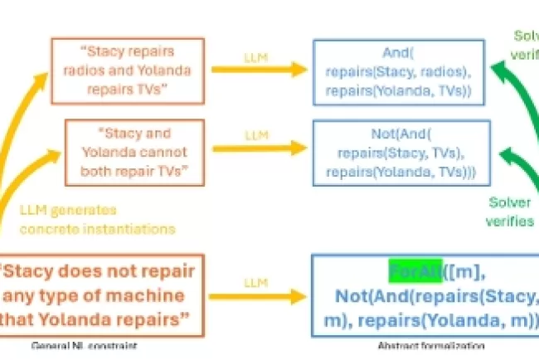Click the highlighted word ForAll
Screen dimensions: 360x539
416,272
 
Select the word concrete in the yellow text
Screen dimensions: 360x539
47,227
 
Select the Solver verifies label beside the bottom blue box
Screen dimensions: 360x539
510,212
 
